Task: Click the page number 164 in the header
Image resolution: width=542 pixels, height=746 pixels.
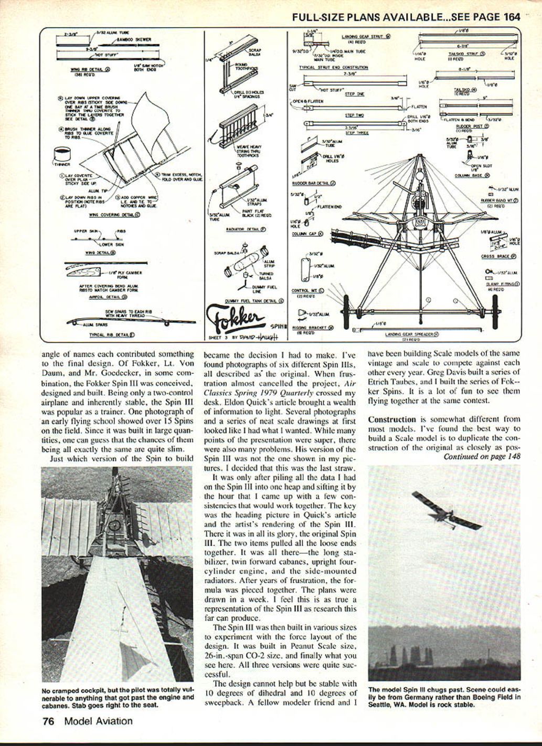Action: [x=512, y=16]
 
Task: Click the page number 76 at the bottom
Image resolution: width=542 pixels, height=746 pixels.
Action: [x=49, y=721]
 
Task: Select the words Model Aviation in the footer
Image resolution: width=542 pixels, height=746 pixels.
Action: [x=99, y=721]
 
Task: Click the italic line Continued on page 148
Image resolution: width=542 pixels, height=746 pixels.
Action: [x=482, y=456]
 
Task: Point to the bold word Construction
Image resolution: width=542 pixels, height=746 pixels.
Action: [x=392, y=419]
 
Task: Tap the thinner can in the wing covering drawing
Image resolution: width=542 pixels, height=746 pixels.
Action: [x=63, y=155]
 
